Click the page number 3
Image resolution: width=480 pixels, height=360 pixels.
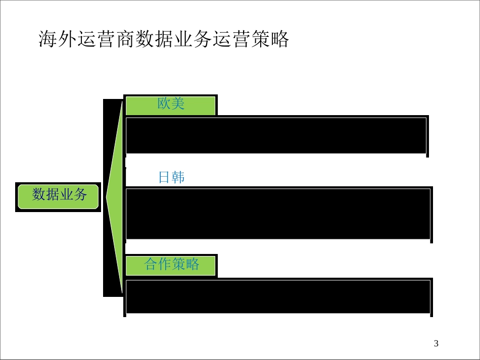coord(437,344)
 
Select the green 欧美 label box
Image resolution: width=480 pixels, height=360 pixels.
coord(171,105)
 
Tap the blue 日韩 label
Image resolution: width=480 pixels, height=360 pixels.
coord(171,177)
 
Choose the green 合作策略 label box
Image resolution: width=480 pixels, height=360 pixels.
coord(171,265)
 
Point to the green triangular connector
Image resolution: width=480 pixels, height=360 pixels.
coord(116,197)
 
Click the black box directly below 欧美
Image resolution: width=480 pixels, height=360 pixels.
coord(276,135)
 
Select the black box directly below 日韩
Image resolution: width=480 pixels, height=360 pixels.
coord(278,214)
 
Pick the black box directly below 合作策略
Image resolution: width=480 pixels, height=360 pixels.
coord(278,296)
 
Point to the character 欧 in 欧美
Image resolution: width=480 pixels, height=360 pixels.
coord(164,104)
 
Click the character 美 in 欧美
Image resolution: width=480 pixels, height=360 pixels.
coord(178,104)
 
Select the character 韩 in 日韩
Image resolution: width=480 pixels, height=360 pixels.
coord(178,177)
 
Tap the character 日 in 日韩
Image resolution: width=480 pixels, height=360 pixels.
coord(164,177)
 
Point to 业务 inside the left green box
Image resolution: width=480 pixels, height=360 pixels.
coord(73,194)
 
